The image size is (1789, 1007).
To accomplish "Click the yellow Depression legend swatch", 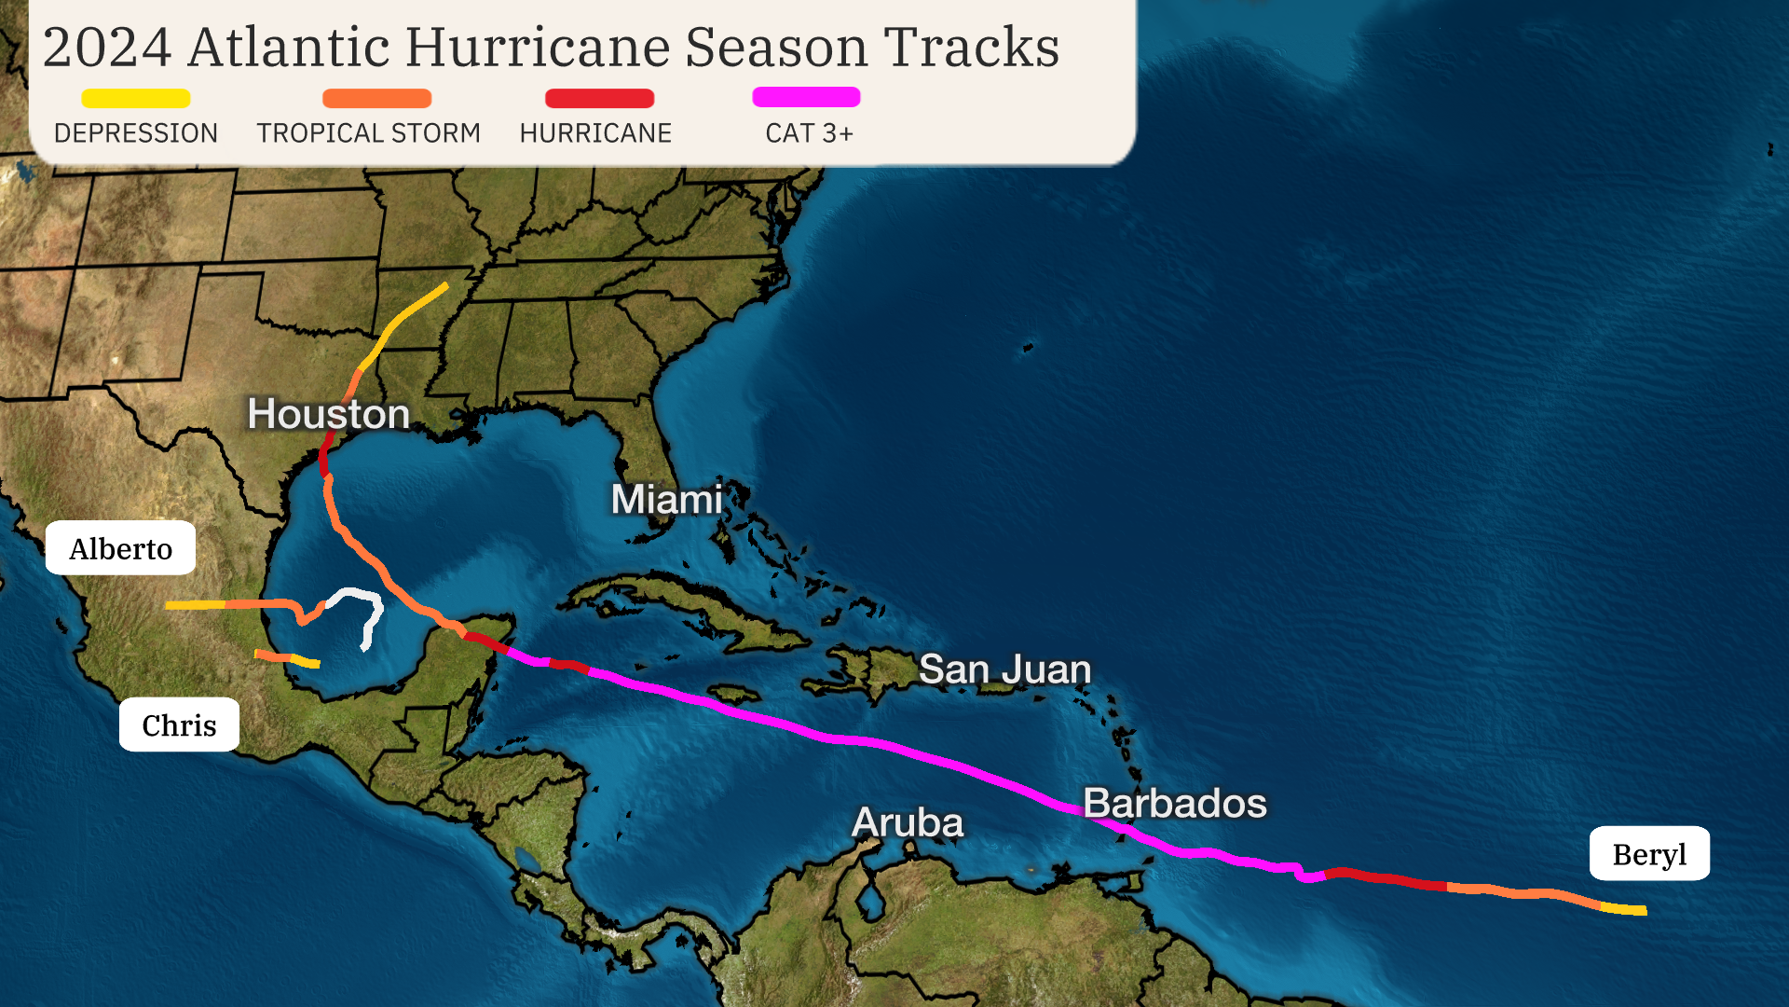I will click(x=136, y=98).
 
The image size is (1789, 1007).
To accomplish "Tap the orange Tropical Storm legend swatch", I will click(x=376, y=98).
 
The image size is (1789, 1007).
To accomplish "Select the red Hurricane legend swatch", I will click(x=599, y=98).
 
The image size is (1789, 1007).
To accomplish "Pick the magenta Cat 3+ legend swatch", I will click(x=806, y=97).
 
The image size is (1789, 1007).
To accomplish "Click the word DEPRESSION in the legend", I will click(x=136, y=133).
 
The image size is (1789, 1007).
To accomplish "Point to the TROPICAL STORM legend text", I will click(x=369, y=133).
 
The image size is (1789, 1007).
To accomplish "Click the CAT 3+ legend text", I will click(x=809, y=133).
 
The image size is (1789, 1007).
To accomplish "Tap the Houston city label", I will click(x=328, y=414).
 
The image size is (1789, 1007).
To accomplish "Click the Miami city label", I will click(x=667, y=500).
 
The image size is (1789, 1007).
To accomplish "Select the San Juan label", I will click(x=1004, y=669).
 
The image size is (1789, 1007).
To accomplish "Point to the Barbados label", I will click(x=1175, y=804).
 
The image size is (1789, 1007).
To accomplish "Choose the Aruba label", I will click(x=908, y=822).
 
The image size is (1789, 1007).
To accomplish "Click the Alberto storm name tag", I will click(x=121, y=548).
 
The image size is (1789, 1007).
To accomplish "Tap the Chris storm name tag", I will click(x=179, y=724).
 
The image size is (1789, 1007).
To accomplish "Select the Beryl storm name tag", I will click(x=1649, y=854).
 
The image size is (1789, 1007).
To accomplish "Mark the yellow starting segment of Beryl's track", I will click(x=1624, y=909).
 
